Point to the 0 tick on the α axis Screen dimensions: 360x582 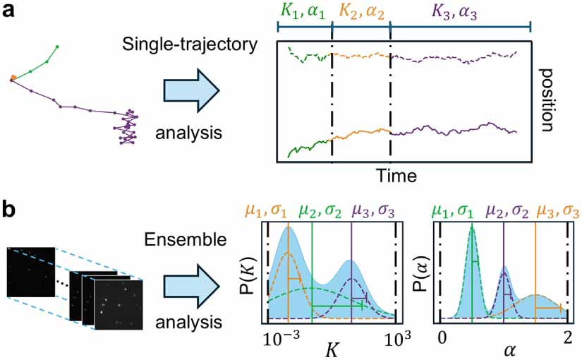point(442,337)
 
